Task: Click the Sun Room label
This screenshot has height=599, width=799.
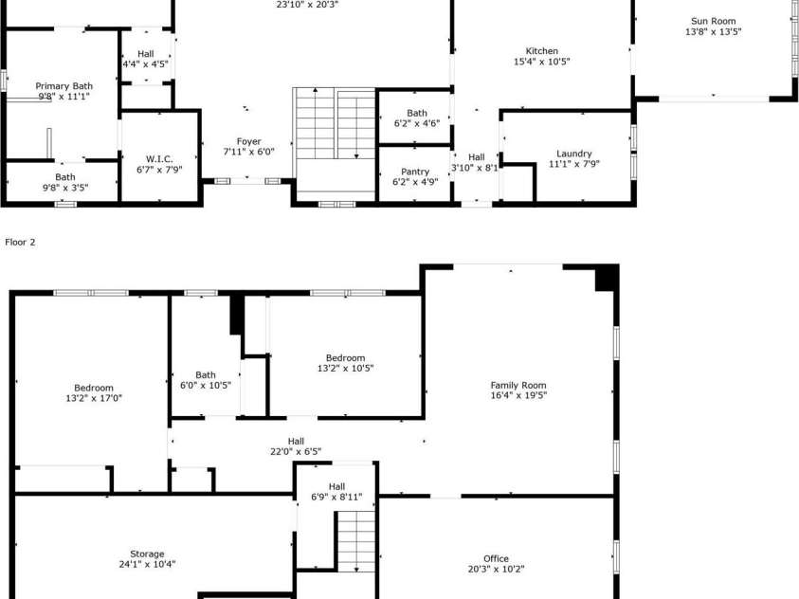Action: pyautogui.click(x=713, y=21)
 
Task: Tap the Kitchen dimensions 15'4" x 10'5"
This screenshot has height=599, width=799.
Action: pyautogui.click(x=541, y=62)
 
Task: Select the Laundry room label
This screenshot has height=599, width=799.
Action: pyautogui.click(x=573, y=154)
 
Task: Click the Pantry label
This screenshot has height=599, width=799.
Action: pyautogui.click(x=415, y=172)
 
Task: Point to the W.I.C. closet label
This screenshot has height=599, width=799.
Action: pyautogui.click(x=159, y=159)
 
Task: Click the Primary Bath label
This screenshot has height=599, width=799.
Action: pyautogui.click(x=64, y=86)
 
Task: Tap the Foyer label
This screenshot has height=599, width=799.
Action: pyautogui.click(x=248, y=141)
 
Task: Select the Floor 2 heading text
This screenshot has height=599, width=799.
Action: pyautogui.click(x=21, y=242)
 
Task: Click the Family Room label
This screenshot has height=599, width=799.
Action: pyautogui.click(x=518, y=385)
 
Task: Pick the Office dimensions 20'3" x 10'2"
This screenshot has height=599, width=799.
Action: pyautogui.click(x=496, y=569)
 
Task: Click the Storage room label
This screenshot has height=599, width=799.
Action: pyautogui.click(x=147, y=554)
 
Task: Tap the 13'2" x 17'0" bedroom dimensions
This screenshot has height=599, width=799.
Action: pyautogui.click(x=94, y=398)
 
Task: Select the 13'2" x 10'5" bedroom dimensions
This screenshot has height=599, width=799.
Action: pyautogui.click(x=346, y=368)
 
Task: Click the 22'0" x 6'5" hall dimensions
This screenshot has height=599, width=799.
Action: pyautogui.click(x=296, y=451)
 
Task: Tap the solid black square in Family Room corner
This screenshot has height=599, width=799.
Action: pyautogui.click(x=607, y=278)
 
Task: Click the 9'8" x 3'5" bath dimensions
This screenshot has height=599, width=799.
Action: pyautogui.click(x=65, y=188)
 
